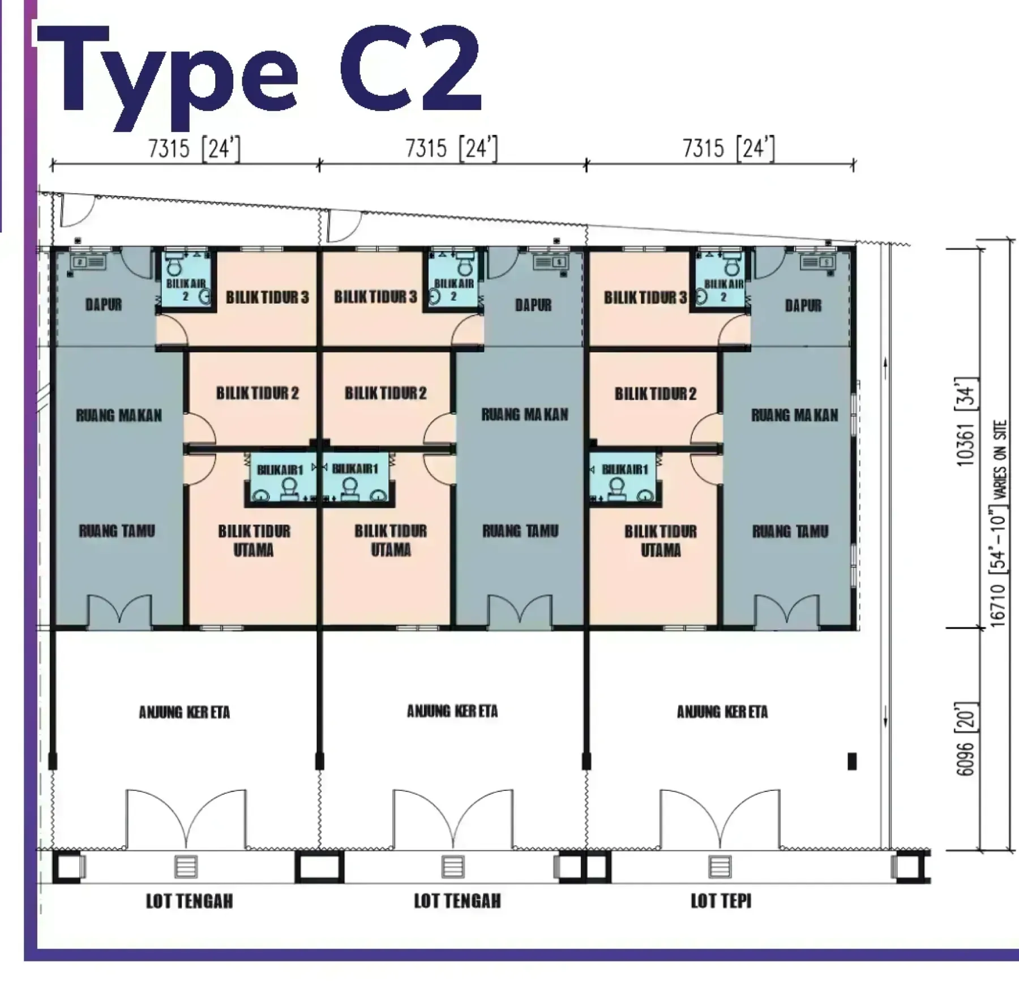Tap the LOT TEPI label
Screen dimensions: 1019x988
(721, 901)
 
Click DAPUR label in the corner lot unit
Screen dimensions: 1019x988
(803, 306)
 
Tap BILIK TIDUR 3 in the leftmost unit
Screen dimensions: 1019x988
(267, 297)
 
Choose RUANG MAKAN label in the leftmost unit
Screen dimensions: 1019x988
(119, 416)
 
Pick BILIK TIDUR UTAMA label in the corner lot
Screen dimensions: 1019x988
(661, 540)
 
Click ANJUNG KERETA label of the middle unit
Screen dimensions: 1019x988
(452, 711)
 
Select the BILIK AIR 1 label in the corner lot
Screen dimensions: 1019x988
(625, 469)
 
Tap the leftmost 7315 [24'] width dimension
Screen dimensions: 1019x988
(194, 148)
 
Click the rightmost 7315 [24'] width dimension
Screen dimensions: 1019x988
(729, 148)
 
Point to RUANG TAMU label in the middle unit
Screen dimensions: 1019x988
(520, 531)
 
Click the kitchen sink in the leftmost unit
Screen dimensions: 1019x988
(87, 262)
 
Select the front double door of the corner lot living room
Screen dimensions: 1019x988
(786, 611)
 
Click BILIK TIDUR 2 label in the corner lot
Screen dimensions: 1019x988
(656, 394)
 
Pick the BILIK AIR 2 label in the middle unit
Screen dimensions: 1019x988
(453, 289)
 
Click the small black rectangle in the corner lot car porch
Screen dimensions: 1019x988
(852, 761)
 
